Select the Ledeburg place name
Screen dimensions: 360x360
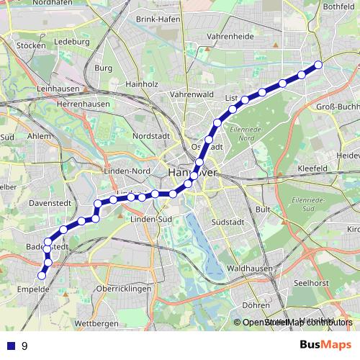click(x=71, y=42)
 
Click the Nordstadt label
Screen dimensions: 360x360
click(x=152, y=135)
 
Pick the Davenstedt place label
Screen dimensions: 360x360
click(x=48, y=204)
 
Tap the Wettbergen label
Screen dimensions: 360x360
click(x=96, y=324)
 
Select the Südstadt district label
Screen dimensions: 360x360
click(x=230, y=222)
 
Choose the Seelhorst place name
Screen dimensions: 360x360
click(x=313, y=282)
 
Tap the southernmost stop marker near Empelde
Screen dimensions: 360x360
click(x=42, y=275)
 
